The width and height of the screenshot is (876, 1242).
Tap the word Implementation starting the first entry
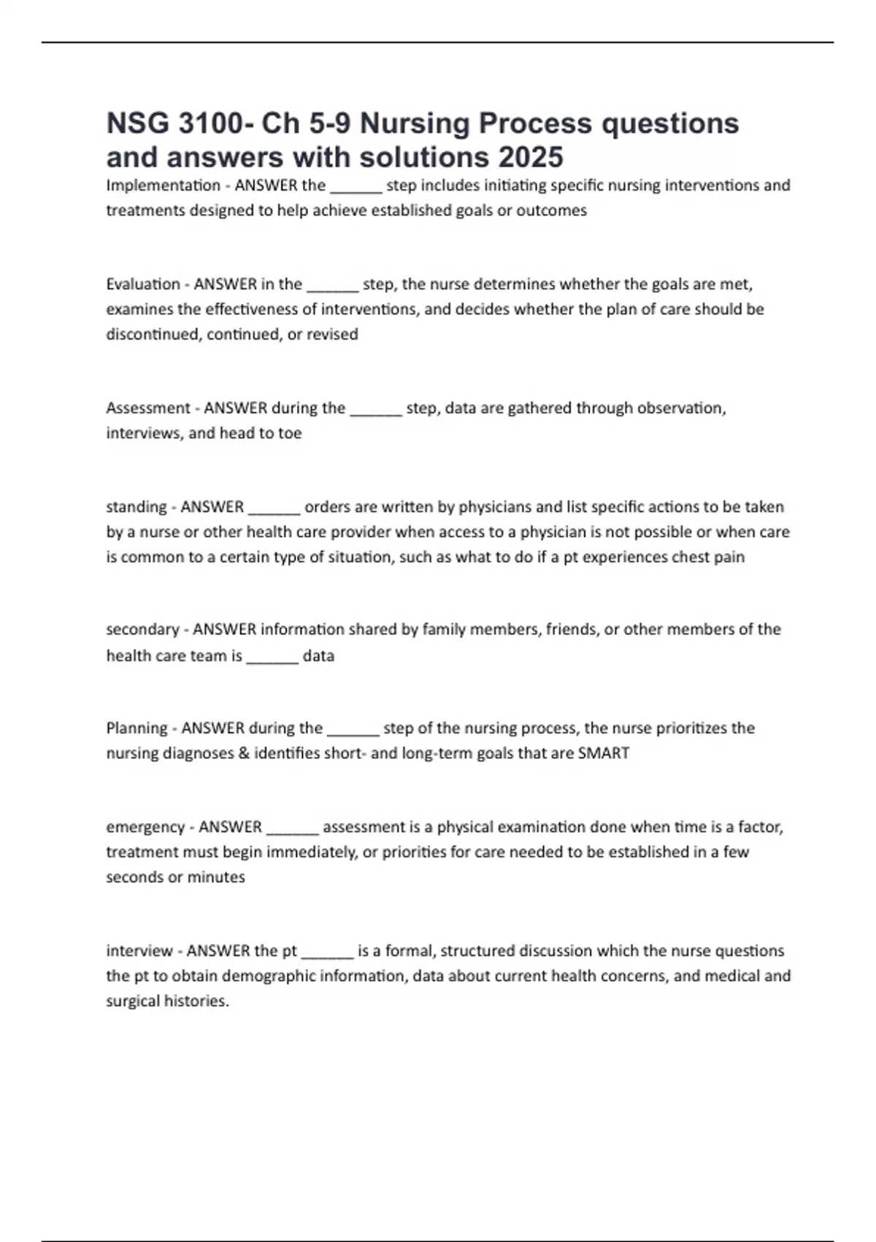click(x=163, y=186)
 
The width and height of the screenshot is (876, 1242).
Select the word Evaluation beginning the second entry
click(x=143, y=284)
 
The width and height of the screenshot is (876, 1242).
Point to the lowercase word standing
click(x=137, y=507)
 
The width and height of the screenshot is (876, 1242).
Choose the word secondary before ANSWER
click(x=142, y=629)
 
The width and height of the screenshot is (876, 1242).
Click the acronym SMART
click(x=604, y=753)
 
